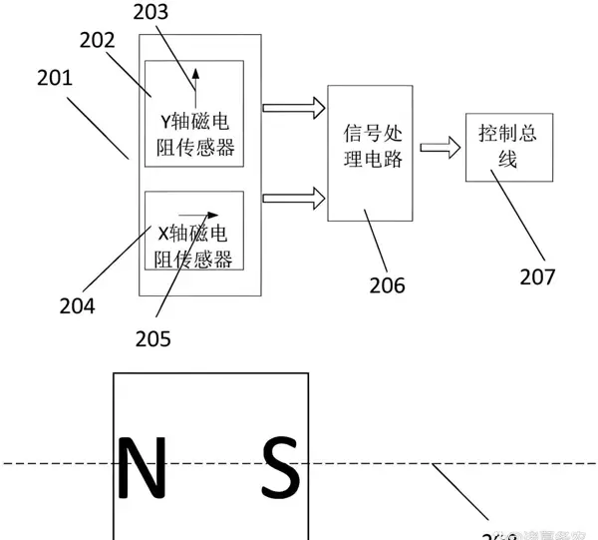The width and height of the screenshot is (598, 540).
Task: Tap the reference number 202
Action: coord(97,41)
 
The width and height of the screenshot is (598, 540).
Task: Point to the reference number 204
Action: coord(76,305)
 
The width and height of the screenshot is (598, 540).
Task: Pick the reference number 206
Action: coord(386,285)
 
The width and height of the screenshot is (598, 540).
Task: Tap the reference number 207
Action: coord(537,276)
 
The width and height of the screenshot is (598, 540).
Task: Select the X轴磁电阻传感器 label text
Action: coord(194,246)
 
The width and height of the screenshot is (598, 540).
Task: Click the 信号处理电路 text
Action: coord(373,146)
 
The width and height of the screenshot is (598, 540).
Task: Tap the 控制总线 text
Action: coord(507,146)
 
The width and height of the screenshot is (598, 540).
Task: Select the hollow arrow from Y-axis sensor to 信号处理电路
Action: coord(296,107)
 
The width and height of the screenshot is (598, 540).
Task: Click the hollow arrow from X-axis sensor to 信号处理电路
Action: coord(296,198)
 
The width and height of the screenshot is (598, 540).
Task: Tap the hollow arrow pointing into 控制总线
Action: coord(440,148)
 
